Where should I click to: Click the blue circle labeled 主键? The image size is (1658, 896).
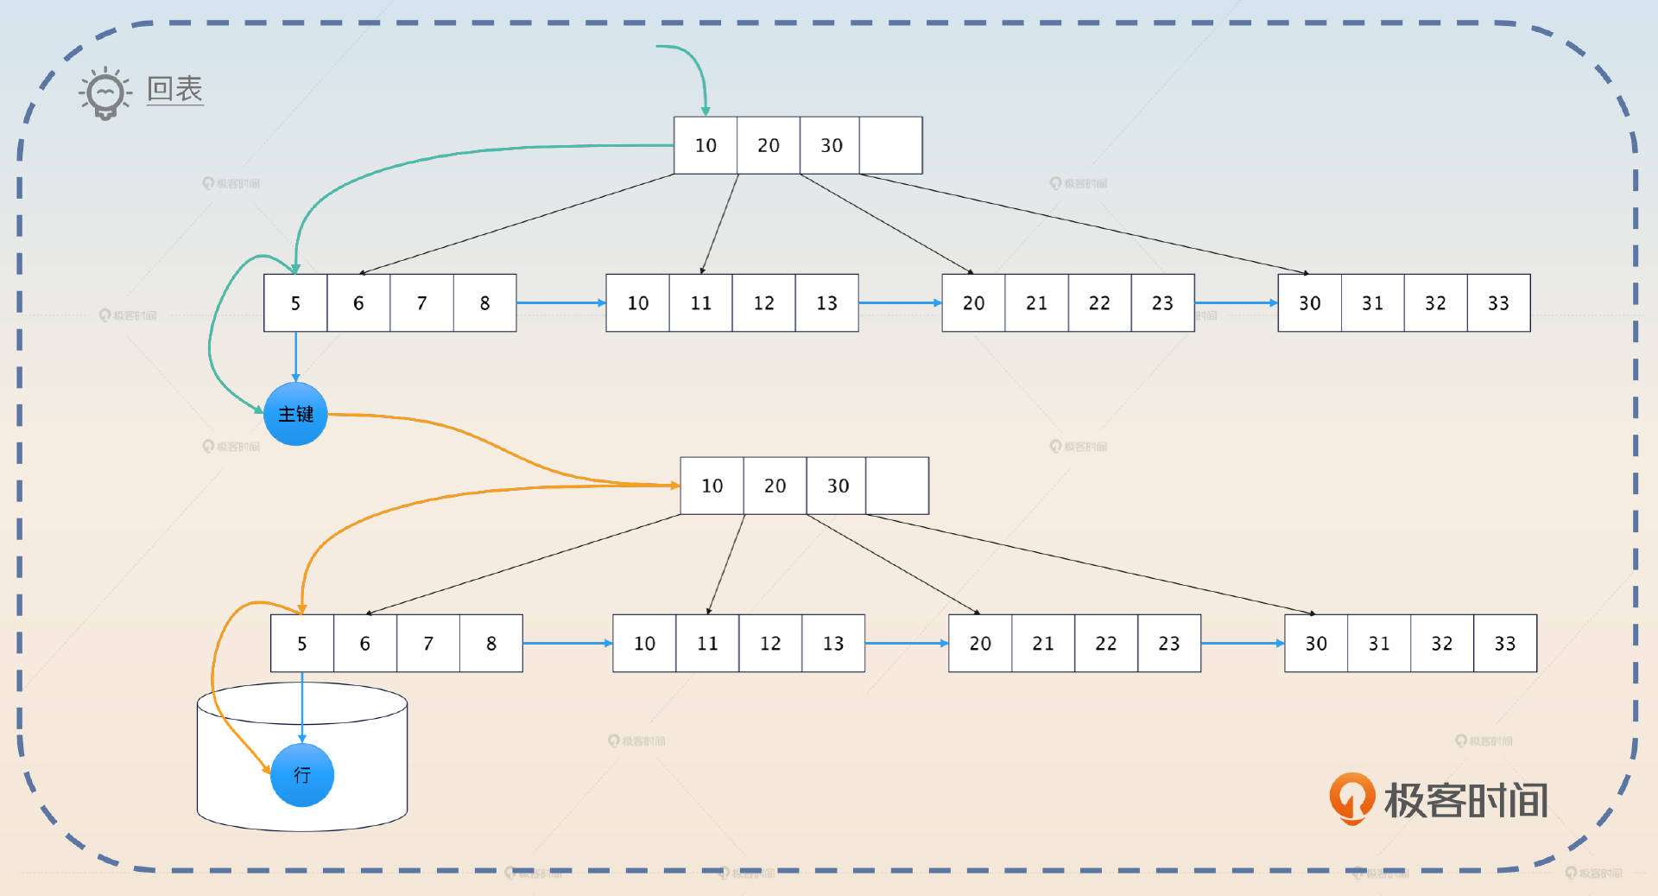click(x=295, y=414)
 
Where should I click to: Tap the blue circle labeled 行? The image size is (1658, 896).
click(x=301, y=775)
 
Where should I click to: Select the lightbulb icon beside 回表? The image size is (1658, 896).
click(x=105, y=92)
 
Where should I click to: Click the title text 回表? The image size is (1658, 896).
click(x=174, y=89)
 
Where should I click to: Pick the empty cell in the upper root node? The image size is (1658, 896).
click(x=890, y=145)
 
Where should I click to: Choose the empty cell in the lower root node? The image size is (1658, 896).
click(x=897, y=486)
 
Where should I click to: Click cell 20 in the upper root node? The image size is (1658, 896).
click(x=768, y=145)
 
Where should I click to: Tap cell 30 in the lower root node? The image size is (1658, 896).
click(x=837, y=486)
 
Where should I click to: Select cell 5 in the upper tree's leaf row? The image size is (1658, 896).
click(x=295, y=303)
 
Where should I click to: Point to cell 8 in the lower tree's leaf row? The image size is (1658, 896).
click(x=490, y=644)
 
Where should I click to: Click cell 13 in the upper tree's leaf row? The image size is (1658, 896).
click(x=826, y=303)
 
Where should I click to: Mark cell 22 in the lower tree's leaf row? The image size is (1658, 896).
click(x=1105, y=644)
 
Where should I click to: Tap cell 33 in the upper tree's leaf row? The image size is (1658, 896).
click(x=1498, y=303)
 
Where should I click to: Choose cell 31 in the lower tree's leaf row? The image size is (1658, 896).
click(x=1379, y=644)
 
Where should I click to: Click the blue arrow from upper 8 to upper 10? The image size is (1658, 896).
click(x=560, y=302)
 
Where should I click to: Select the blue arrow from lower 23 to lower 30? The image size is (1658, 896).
click(x=1242, y=643)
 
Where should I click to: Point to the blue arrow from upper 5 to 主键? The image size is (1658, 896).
click(x=295, y=356)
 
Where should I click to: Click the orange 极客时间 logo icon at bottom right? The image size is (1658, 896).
click(x=1351, y=798)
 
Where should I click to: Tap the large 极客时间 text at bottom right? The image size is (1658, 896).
click(x=1465, y=800)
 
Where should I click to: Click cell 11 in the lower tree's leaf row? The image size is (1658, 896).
click(x=707, y=644)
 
